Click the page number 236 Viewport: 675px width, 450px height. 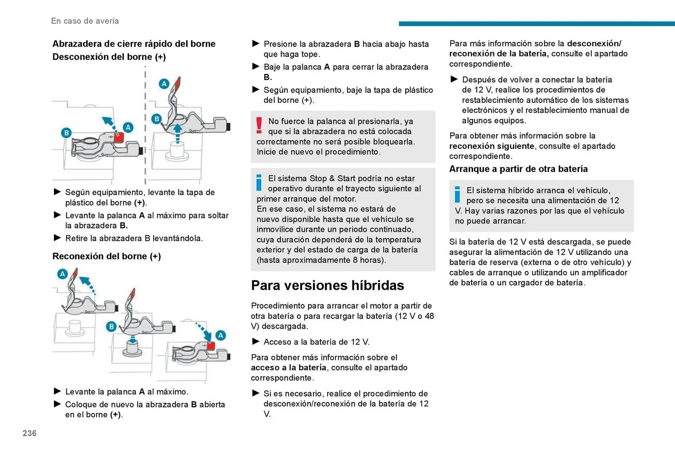pyautogui.click(x=30, y=433)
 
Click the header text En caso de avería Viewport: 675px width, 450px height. pyautogui.click(x=85, y=21)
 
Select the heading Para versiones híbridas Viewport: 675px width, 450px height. pyautogui.click(x=327, y=285)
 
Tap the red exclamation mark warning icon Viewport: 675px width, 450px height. pyautogui.click(x=259, y=125)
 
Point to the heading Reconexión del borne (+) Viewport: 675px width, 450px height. pyautogui.click(x=107, y=256)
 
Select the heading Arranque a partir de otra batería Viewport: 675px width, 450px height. pyautogui.click(x=518, y=169)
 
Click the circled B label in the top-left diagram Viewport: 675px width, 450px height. pyautogui.click(x=66, y=133)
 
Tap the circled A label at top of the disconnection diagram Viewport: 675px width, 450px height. pyautogui.click(x=164, y=84)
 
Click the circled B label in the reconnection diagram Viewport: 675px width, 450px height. pyautogui.click(x=111, y=326)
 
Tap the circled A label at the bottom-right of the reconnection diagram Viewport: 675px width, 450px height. pyautogui.click(x=220, y=335)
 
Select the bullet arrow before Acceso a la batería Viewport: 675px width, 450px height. pyautogui.click(x=256, y=341)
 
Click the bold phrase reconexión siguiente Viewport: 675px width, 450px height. pyautogui.click(x=491, y=146)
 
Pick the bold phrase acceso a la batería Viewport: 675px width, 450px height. pyautogui.click(x=288, y=368)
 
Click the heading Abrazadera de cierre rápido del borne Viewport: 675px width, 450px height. pyautogui.click(x=134, y=44)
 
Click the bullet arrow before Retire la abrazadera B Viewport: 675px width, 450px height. pyautogui.click(x=57, y=238)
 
